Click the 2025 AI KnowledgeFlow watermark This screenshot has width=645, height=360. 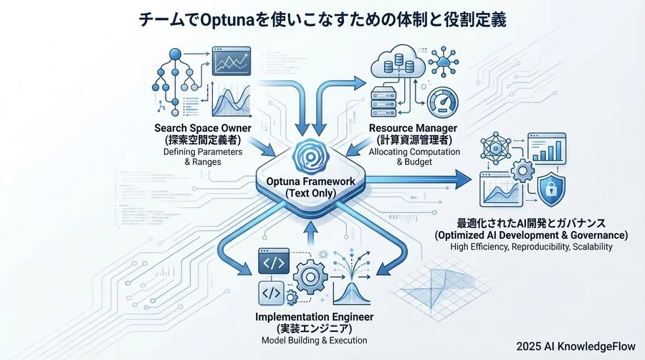[x=575, y=346]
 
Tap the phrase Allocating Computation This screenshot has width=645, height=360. [x=413, y=152]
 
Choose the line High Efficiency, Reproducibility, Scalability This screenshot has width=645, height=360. [x=531, y=247]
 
